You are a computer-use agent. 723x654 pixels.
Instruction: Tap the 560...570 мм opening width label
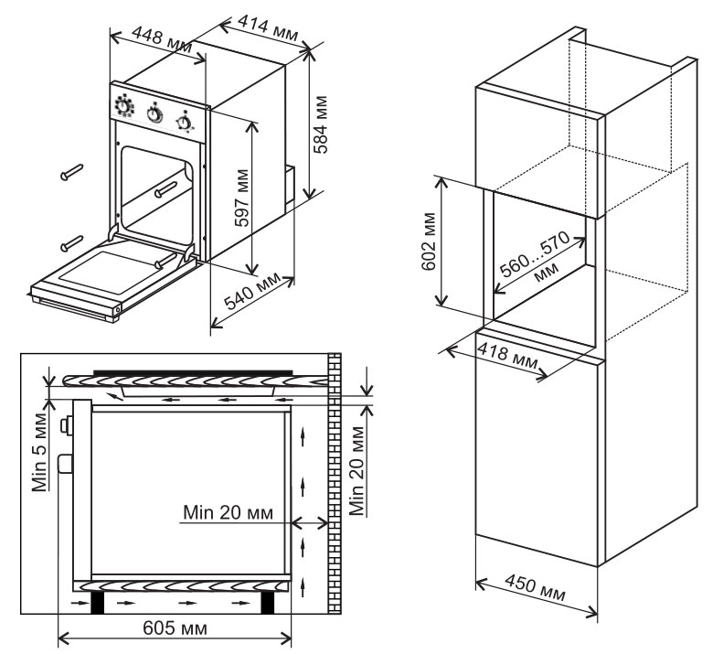click(539, 259)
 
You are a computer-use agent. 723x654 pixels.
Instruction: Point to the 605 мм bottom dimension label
click(173, 629)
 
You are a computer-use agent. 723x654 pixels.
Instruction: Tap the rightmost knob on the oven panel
click(186, 121)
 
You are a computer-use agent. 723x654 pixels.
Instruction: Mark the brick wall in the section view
click(334, 485)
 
